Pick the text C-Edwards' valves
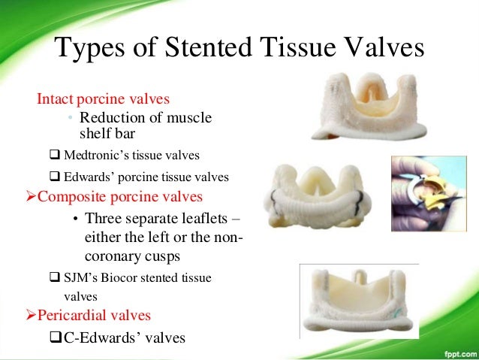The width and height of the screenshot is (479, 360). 124,336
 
